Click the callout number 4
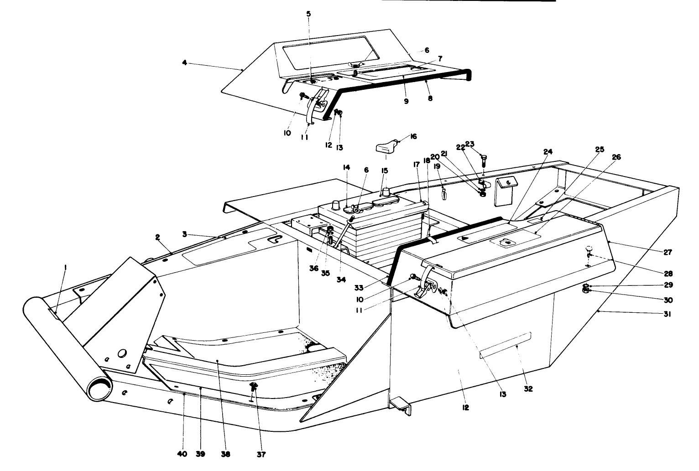point(184,63)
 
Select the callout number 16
point(413,136)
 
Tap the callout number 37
point(261,454)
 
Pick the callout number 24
point(548,151)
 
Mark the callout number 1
point(65,269)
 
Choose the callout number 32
point(528,389)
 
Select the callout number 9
point(406,102)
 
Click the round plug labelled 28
point(589,249)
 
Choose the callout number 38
point(225,454)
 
